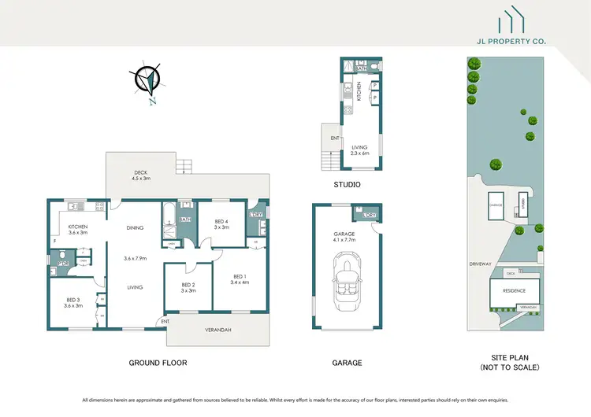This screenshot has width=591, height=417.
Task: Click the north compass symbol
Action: tap(147, 81)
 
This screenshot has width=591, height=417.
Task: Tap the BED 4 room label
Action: tap(221, 225)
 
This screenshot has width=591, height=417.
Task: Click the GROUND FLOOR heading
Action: tap(158, 363)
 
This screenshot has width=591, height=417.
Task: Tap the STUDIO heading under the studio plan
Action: tap(347, 185)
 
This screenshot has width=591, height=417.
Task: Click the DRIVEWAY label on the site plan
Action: tap(479, 263)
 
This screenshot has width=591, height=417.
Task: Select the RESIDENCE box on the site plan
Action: tap(515, 291)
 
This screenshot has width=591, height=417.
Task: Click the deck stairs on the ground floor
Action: tap(184, 166)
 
